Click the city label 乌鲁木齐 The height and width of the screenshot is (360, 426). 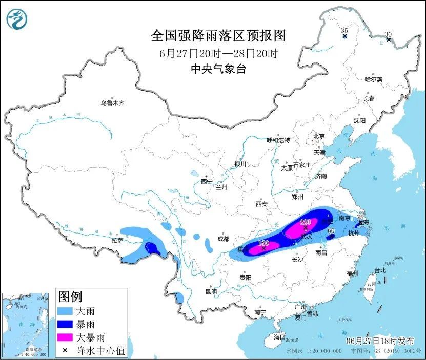pyautogui.click(x=112, y=103)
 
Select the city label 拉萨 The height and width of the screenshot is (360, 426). pyautogui.click(x=117, y=240)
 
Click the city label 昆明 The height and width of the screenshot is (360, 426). pyautogui.click(x=211, y=291)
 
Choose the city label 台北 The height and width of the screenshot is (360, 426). pyautogui.click(x=379, y=270)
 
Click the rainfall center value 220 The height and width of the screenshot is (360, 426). pyautogui.click(x=305, y=222)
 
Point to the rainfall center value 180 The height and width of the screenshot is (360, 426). pyautogui.click(x=263, y=242)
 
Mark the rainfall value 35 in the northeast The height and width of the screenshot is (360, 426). pyautogui.click(x=344, y=31)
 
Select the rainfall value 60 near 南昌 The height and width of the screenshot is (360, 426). pyautogui.click(x=331, y=231)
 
